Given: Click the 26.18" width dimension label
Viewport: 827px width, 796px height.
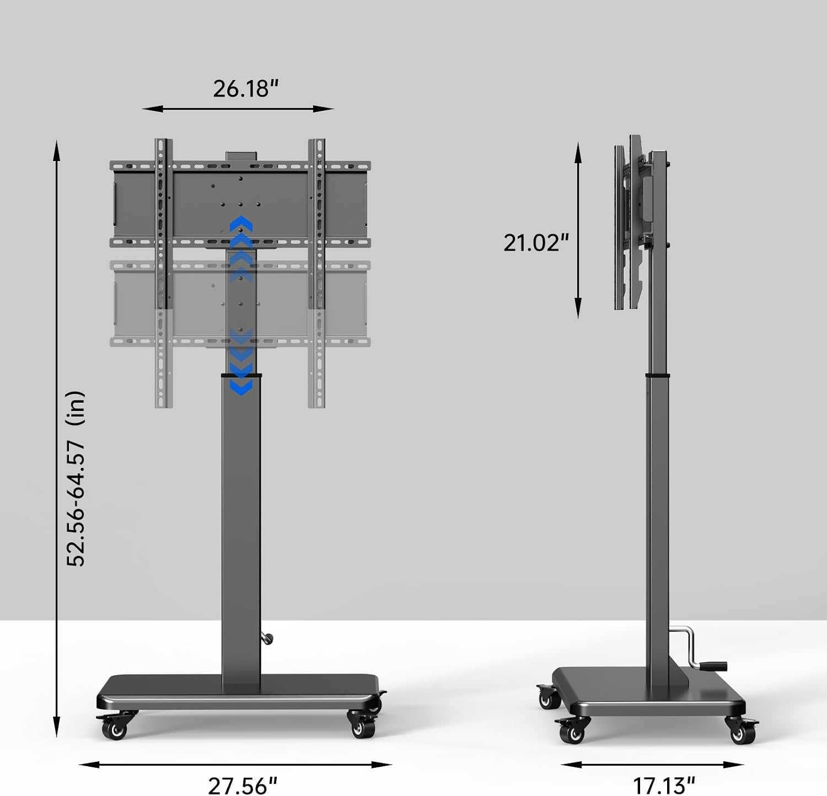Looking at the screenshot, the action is [246, 88].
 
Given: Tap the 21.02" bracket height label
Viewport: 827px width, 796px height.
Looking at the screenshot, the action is [536, 242].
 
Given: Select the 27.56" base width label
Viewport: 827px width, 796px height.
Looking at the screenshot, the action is [243, 785].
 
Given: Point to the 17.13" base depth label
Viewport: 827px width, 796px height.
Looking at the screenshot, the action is [663, 785].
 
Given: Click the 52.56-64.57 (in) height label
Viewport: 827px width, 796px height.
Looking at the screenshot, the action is [76, 478].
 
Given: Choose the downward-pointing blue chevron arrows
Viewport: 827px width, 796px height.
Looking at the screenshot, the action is [241, 362].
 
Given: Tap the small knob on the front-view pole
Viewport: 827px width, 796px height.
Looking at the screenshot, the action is [268, 639].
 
